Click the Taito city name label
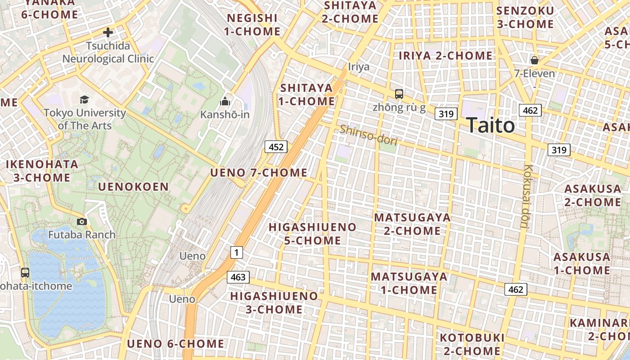490,125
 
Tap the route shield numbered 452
276,147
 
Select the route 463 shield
238,277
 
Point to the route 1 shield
237,252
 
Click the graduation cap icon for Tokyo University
84,99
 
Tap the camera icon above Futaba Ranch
82,221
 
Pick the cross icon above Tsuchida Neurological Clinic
108,32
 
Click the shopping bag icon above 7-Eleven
535,60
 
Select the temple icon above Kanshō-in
225,101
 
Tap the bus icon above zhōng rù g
399,94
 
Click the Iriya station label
359,67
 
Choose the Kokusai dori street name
528,197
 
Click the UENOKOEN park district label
133,187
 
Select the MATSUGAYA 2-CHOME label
412,224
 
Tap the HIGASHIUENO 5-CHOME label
312,234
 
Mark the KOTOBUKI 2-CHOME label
472,344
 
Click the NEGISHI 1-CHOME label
253,25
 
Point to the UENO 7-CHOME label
259,173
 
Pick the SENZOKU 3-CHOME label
525,17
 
